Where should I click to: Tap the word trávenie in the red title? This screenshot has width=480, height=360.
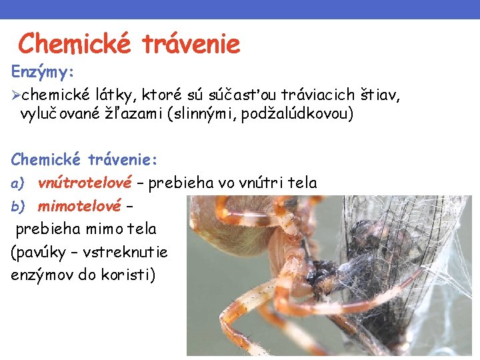191,44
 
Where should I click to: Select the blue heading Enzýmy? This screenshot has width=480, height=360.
43,70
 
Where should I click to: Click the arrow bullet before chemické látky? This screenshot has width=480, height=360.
15,96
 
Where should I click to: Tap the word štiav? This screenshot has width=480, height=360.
381,96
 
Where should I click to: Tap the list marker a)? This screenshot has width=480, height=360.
17,183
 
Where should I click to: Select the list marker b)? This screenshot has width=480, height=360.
17,206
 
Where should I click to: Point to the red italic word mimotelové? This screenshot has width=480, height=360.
79,206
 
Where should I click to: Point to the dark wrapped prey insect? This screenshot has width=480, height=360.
373,267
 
